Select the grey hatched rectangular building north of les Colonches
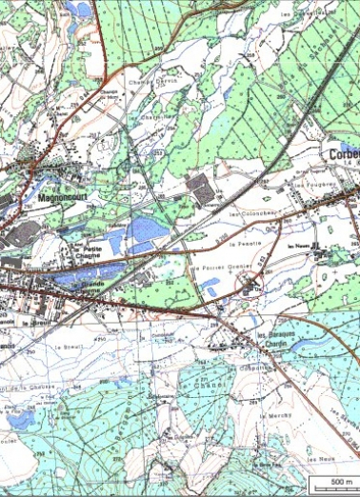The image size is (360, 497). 201,187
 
